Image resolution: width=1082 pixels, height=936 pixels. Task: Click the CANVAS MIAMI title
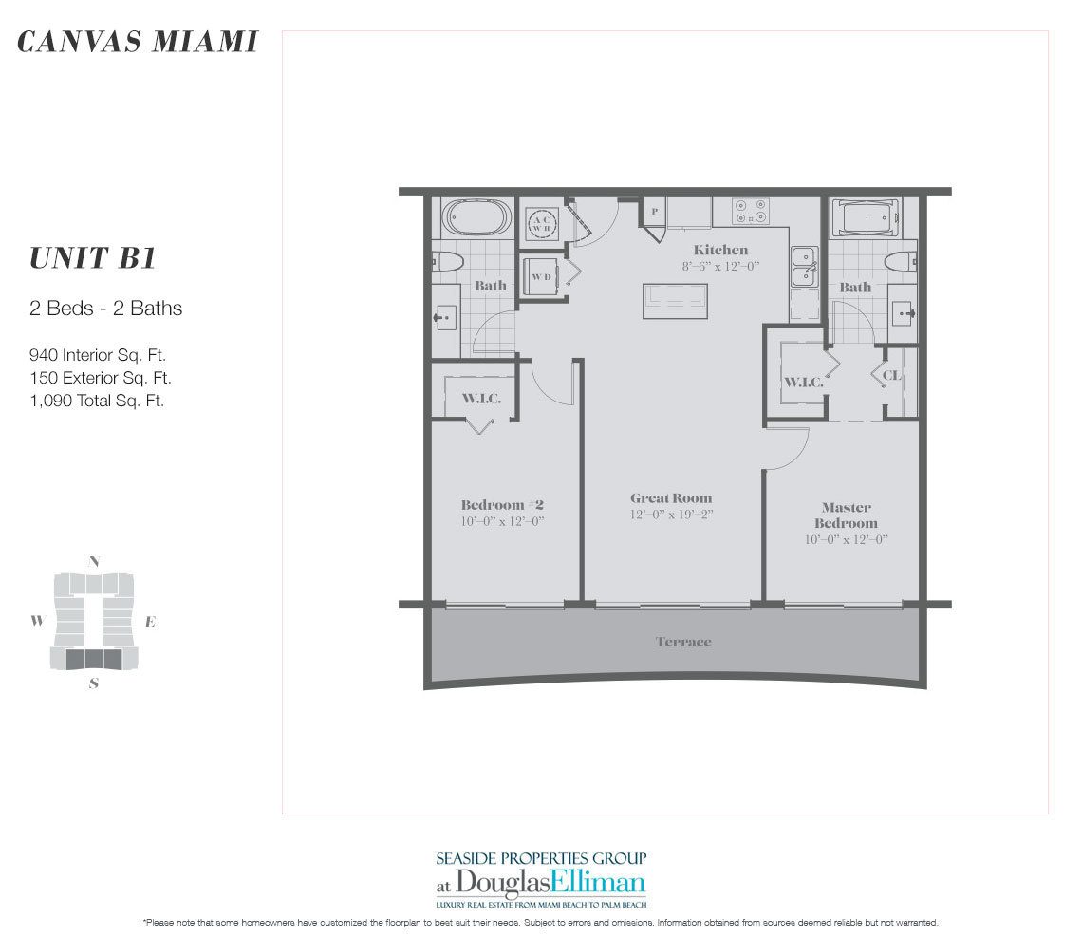pyautogui.click(x=138, y=43)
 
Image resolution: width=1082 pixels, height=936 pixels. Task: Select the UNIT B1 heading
pyautogui.click(x=92, y=258)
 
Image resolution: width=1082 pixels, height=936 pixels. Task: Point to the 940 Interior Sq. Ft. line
pyautogui.click(x=104, y=356)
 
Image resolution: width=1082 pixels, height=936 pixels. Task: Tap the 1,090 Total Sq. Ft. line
pyautogui.click(x=97, y=401)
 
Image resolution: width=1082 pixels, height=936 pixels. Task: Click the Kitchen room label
pyautogui.click(x=720, y=251)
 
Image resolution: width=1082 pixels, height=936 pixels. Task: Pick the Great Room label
pyautogui.click(x=671, y=498)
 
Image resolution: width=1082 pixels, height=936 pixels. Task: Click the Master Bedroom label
pyautogui.click(x=846, y=515)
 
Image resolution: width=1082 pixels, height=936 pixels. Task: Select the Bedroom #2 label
pyautogui.click(x=502, y=505)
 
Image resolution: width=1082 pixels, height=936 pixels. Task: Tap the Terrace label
pyautogui.click(x=682, y=643)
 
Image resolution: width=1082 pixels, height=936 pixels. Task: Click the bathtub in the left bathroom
pyautogui.click(x=476, y=217)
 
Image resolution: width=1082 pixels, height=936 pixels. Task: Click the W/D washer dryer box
pyautogui.click(x=541, y=277)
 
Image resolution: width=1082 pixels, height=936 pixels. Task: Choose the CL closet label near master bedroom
pyautogui.click(x=891, y=375)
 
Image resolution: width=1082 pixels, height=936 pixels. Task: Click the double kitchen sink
pyautogui.click(x=804, y=267)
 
